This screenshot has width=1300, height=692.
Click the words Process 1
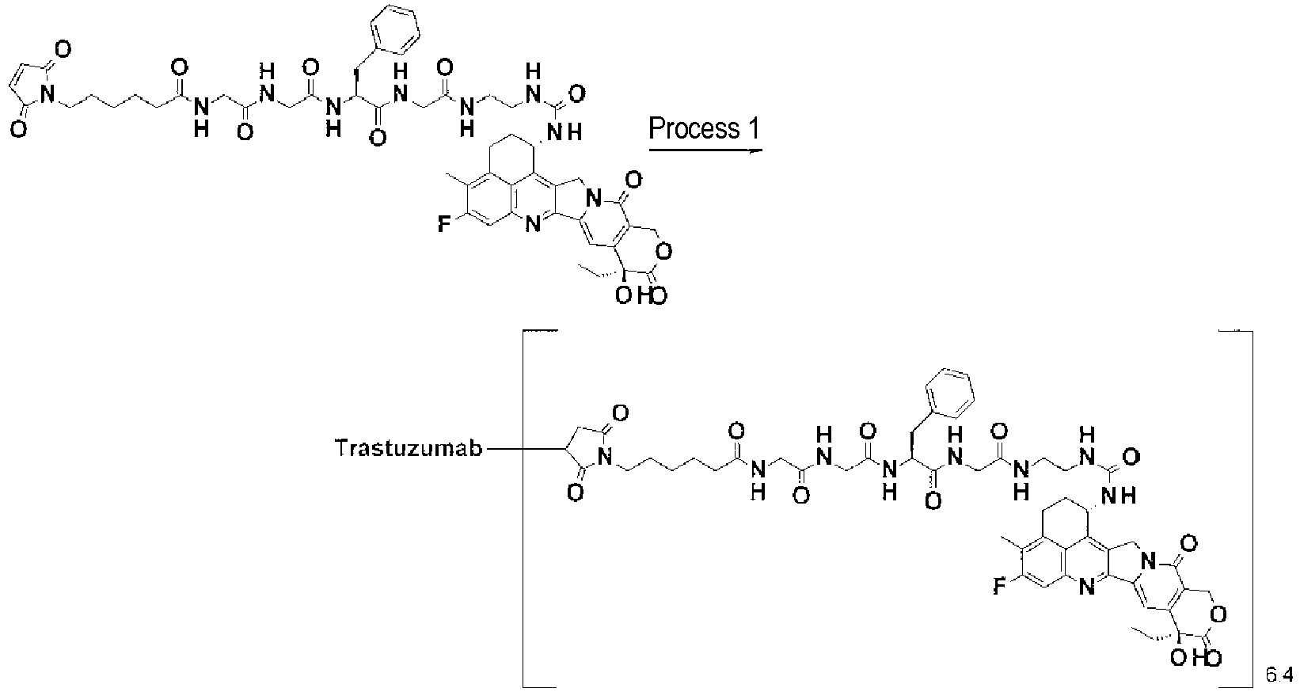tap(703, 129)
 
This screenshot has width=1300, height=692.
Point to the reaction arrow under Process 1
tap(705, 150)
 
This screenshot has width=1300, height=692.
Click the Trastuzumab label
tap(409, 448)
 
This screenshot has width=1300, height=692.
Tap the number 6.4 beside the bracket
tap(1279, 675)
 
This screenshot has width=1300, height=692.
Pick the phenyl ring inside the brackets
tap(949, 393)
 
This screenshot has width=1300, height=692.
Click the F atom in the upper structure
tap(444, 224)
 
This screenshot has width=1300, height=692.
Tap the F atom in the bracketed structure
tap(998, 587)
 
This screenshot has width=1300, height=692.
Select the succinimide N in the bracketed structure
tap(604, 458)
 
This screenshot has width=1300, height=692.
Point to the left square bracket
tap(524, 509)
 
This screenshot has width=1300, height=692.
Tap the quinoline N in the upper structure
tap(532, 223)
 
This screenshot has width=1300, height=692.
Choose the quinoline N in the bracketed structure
tap(1086, 587)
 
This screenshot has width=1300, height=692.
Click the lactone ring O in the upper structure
tap(664, 251)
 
